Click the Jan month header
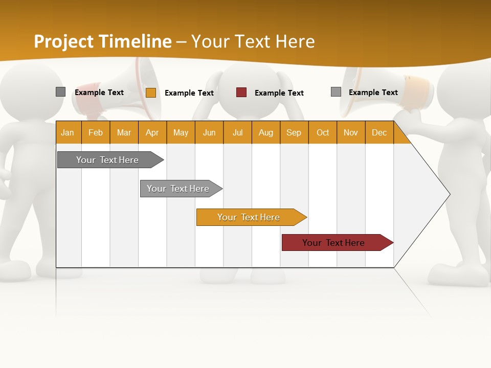coord(68,132)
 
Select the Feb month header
coord(96,132)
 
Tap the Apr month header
coord(152,132)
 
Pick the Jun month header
coord(209,132)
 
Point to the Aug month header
coord(265,132)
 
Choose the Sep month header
coord(294,132)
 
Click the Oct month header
coord(323,132)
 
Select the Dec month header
coord(379,132)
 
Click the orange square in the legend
coord(151,93)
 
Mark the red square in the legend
coord(241,93)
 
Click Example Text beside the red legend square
coord(279,93)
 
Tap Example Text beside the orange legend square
coord(189,93)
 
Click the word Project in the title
coord(63,41)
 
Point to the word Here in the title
coord(295,41)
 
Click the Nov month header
coord(350,132)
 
